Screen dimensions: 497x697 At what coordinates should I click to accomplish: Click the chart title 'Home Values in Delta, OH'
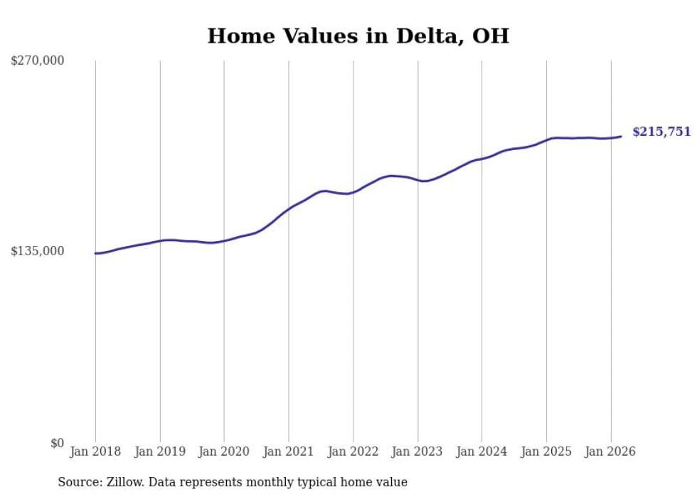pos(358,36)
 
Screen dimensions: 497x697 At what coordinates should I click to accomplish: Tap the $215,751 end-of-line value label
pos(661,132)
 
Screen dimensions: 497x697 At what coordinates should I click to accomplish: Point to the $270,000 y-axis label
pos(37,60)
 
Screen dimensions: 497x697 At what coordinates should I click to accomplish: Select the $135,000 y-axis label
pos(37,251)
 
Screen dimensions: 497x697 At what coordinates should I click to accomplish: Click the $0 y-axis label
pos(57,443)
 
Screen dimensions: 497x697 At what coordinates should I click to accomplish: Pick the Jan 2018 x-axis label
pos(95,451)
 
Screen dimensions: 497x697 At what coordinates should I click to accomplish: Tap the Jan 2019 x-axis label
pos(160,451)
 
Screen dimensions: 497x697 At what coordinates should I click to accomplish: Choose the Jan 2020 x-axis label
pos(224,451)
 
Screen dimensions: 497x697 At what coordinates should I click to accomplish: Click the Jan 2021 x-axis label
pos(289,451)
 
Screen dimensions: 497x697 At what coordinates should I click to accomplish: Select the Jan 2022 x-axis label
pos(353,451)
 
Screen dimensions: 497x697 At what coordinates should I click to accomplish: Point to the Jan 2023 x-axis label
pos(417,451)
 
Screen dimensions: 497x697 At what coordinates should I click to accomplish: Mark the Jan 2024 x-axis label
pos(481,451)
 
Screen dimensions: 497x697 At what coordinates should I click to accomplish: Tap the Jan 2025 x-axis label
pos(546,451)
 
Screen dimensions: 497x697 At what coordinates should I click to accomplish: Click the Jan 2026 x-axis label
pos(610,451)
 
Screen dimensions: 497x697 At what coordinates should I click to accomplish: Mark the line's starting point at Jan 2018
pos(95,253)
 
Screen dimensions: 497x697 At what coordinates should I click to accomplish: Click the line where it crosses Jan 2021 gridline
pos(289,209)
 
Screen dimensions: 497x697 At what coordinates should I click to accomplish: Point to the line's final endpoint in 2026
pos(621,137)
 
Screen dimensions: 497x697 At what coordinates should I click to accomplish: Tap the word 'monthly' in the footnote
pos(280,482)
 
